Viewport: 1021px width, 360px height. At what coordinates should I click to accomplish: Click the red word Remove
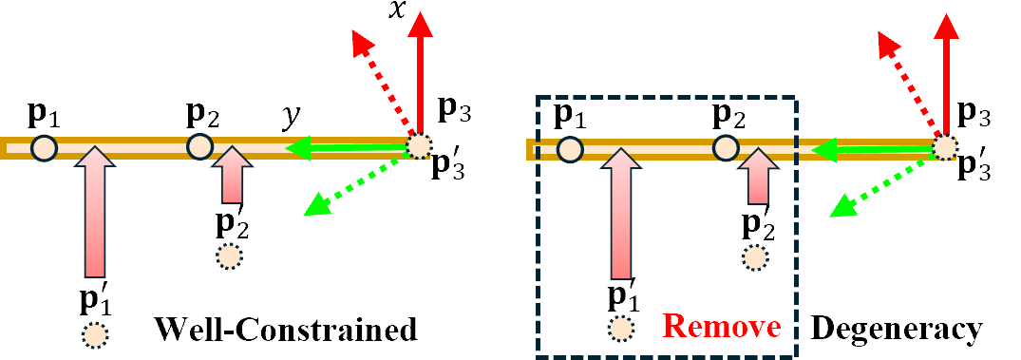click(723, 328)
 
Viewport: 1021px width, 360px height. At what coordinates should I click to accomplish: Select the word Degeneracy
click(896, 329)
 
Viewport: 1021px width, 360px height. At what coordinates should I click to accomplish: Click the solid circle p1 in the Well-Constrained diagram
click(44, 148)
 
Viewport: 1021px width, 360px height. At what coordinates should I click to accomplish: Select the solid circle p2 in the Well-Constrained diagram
click(199, 147)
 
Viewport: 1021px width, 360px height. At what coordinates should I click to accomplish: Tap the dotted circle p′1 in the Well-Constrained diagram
click(94, 334)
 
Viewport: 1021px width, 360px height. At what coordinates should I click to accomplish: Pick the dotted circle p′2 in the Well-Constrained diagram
click(229, 256)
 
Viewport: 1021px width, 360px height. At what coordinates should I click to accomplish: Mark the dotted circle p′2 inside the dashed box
click(755, 256)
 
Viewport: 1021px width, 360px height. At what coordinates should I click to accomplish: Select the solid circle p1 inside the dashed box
click(569, 149)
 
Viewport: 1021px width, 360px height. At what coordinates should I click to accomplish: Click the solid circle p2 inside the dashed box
click(725, 148)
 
